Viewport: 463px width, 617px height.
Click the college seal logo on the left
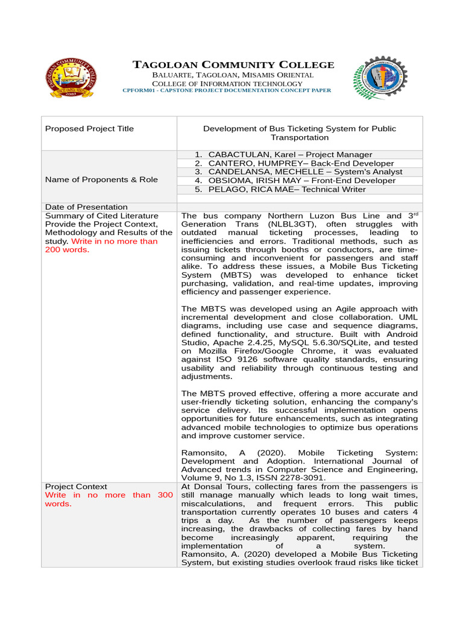click(72, 78)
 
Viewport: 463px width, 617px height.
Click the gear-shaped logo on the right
click(379, 78)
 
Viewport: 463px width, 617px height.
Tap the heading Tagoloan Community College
click(233, 64)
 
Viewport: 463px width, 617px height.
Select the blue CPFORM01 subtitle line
click(227, 90)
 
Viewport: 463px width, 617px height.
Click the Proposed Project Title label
click(90, 128)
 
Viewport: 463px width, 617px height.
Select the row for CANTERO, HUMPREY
click(294, 163)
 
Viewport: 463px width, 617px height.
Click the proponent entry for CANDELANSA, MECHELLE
click(298, 172)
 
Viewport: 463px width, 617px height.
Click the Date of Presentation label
click(87, 207)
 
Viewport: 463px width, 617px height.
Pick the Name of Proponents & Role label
click(102, 180)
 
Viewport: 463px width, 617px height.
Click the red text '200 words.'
click(67, 249)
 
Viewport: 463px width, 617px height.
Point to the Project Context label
click(77, 486)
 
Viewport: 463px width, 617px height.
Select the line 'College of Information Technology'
click(227, 83)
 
